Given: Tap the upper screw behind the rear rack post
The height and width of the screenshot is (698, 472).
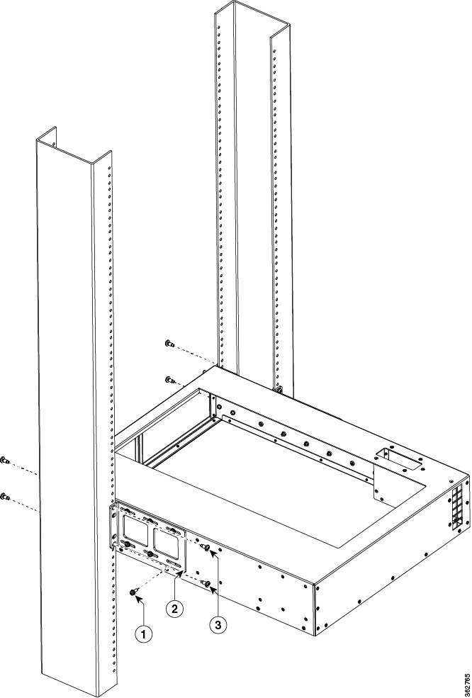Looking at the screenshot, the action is [169, 343].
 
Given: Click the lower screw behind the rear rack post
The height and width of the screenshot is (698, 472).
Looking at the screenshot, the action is [169, 379].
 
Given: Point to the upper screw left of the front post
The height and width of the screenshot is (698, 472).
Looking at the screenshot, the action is [5, 460].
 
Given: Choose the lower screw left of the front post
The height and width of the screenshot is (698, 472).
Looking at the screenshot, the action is [5, 496].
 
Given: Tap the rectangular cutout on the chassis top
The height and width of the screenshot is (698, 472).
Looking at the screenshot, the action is [398, 458].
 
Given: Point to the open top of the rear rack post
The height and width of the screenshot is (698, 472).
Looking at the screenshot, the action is [252, 17].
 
